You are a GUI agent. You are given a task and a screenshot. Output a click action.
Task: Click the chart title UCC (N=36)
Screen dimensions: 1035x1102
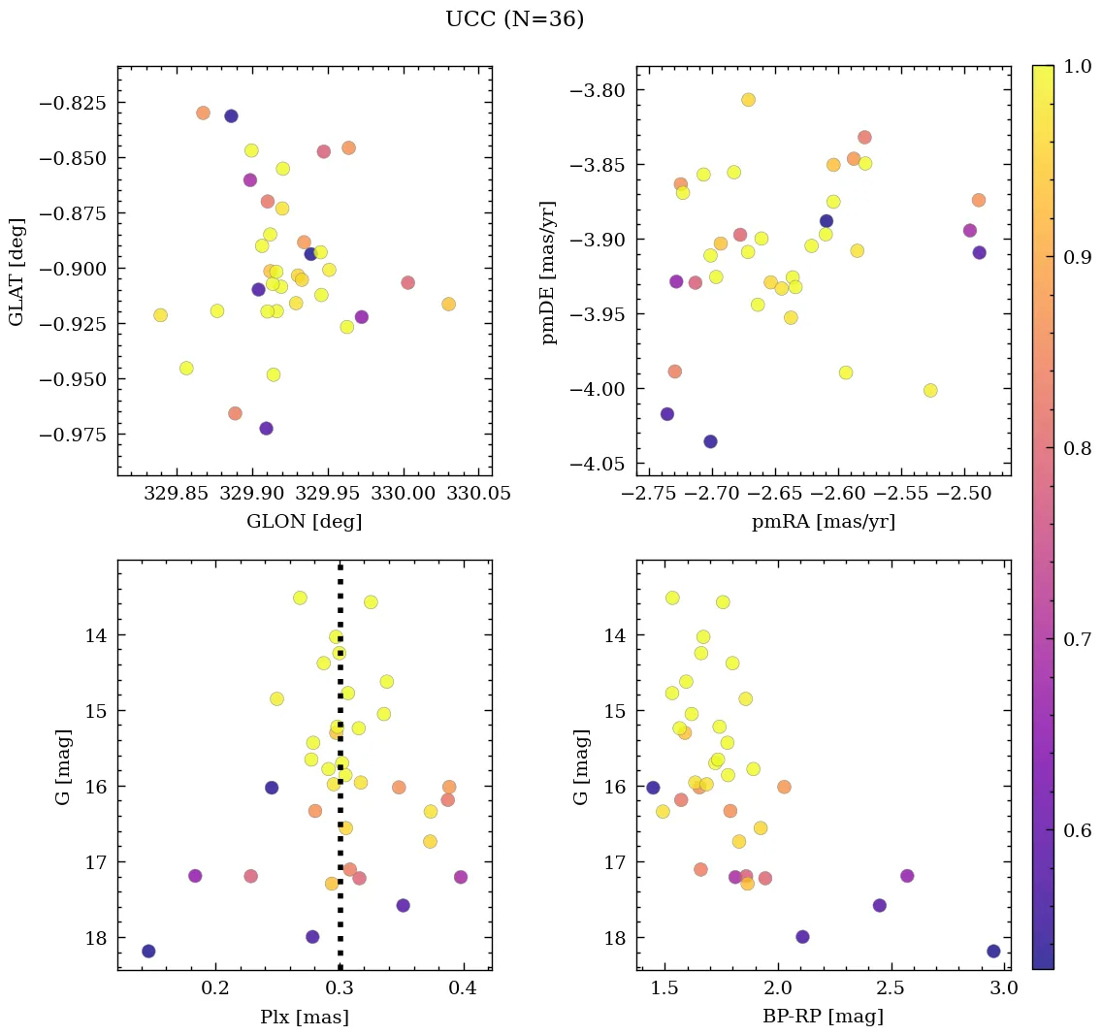514,19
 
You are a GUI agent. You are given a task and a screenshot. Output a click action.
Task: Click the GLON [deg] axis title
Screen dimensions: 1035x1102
304,522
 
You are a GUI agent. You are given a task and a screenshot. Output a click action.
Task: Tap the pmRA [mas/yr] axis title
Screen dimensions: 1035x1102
823,522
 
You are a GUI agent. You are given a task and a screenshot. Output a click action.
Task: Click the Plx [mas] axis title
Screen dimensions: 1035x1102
304,1018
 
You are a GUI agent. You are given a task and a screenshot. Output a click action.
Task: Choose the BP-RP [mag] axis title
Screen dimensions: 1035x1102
823,1018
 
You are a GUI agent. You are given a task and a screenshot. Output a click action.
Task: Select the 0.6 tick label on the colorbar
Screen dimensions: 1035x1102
1077,829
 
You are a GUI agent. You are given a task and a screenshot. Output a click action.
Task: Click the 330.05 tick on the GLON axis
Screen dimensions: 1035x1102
477,494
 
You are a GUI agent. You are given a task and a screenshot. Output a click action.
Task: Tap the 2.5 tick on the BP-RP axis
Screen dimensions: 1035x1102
890,988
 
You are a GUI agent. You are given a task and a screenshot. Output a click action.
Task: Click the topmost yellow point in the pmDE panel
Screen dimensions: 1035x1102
748,100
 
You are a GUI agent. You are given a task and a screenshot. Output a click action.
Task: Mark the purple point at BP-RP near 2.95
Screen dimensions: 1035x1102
993,951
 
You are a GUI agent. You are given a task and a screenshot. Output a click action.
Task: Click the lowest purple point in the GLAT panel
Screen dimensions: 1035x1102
266,429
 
